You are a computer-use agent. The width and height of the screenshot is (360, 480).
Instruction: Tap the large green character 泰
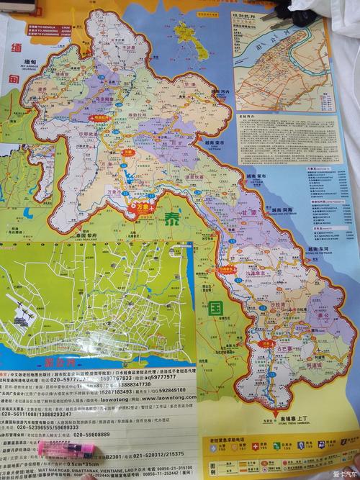(x=173, y=219)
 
